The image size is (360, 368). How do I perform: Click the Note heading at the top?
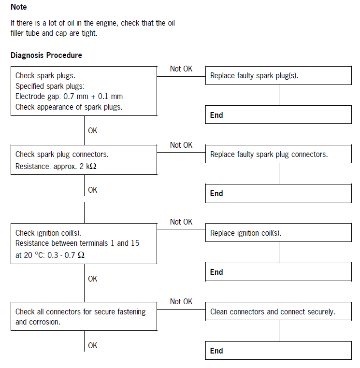coord(19,7)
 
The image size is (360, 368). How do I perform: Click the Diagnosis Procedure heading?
coord(46,55)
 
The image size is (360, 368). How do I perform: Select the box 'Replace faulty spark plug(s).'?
coord(278,76)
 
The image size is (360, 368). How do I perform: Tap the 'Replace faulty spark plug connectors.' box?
coord(278,155)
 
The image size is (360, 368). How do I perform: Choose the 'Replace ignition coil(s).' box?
coord(278,233)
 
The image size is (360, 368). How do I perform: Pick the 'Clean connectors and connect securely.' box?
coord(278,312)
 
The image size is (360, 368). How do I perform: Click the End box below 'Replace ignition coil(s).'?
coord(278,272)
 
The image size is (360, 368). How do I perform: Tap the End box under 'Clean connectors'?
coord(278,351)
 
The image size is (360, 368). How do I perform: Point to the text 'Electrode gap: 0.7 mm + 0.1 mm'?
coord(69,97)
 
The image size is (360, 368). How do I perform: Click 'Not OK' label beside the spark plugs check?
coord(181,69)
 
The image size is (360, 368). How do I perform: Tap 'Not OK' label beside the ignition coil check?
coord(181,222)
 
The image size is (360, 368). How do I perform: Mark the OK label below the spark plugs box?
coord(93,130)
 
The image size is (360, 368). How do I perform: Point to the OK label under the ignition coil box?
coord(93,279)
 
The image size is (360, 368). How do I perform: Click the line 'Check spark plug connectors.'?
coord(62,155)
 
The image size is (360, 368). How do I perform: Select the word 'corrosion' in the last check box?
coord(44,322)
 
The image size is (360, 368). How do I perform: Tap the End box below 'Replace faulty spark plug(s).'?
coord(278,115)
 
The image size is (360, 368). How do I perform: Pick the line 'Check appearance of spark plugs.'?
coord(69,107)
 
